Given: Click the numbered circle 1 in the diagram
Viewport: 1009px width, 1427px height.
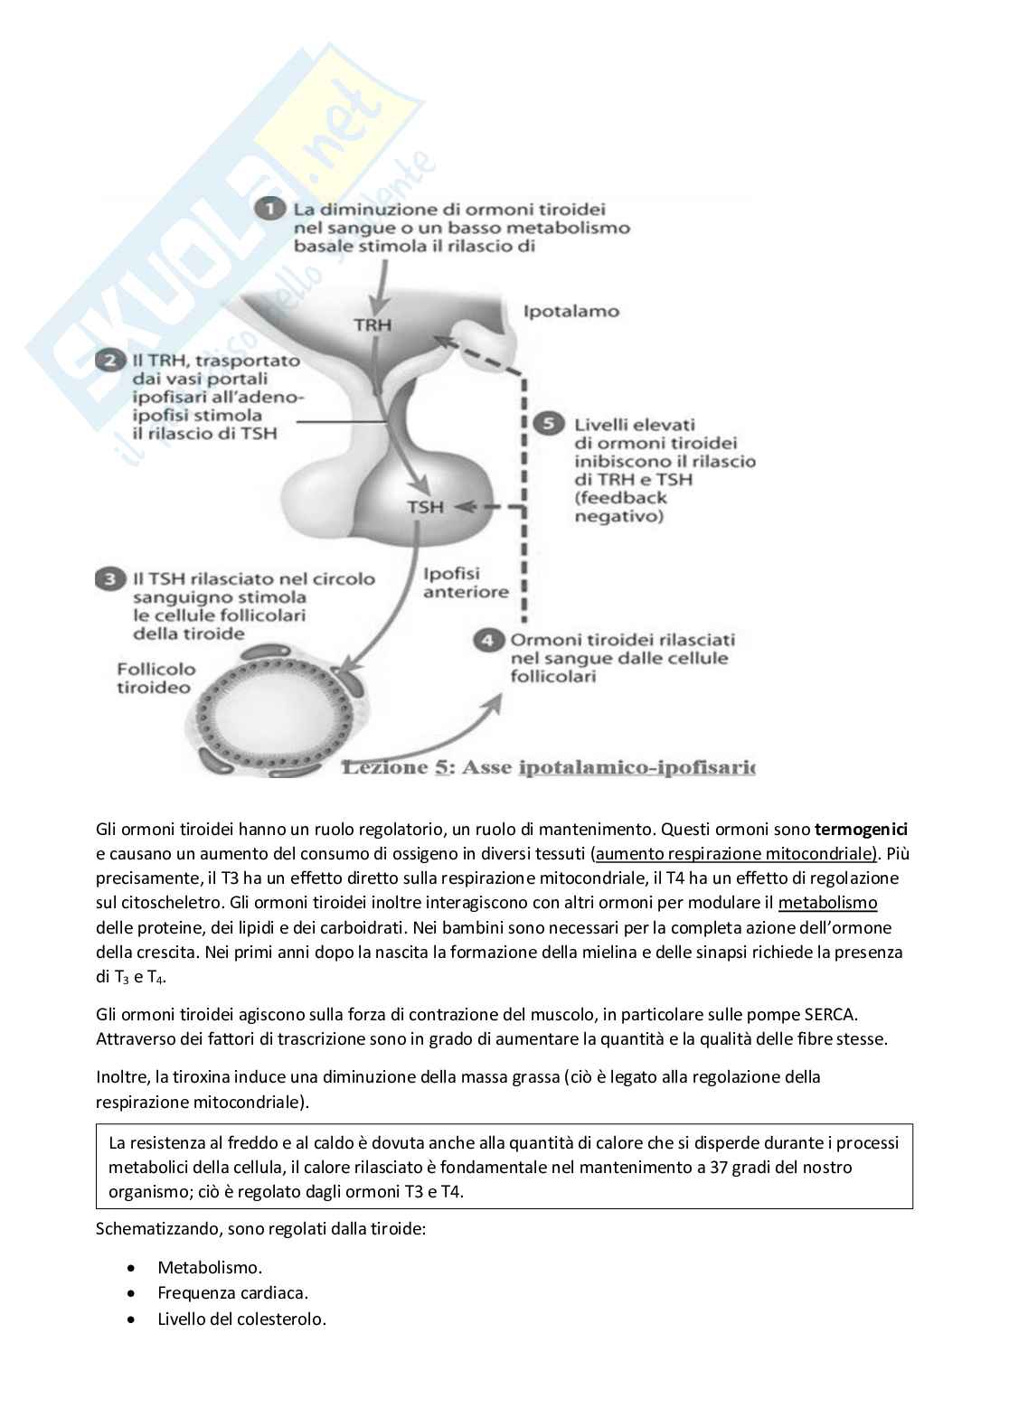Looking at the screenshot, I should [x=267, y=210].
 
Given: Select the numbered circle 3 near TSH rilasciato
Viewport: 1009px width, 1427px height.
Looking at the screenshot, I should [x=110, y=579].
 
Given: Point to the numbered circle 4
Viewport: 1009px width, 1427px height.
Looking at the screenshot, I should [x=488, y=640].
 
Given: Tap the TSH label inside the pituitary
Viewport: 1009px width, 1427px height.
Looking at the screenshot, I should [x=425, y=507].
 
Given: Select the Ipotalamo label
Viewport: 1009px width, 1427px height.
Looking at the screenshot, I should [x=571, y=312].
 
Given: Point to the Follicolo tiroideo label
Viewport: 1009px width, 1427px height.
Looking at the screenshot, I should [x=155, y=678].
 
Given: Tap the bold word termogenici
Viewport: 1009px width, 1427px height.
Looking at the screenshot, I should [x=861, y=830].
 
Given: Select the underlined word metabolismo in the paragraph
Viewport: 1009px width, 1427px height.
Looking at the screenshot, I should [x=827, y=903].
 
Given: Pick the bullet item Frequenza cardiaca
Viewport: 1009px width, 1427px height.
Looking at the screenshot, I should [x=232, y=1293].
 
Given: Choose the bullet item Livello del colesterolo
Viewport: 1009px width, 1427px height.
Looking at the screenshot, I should [x=241, y=1319].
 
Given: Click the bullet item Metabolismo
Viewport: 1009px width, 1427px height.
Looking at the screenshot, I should [x=210, y=1268].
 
